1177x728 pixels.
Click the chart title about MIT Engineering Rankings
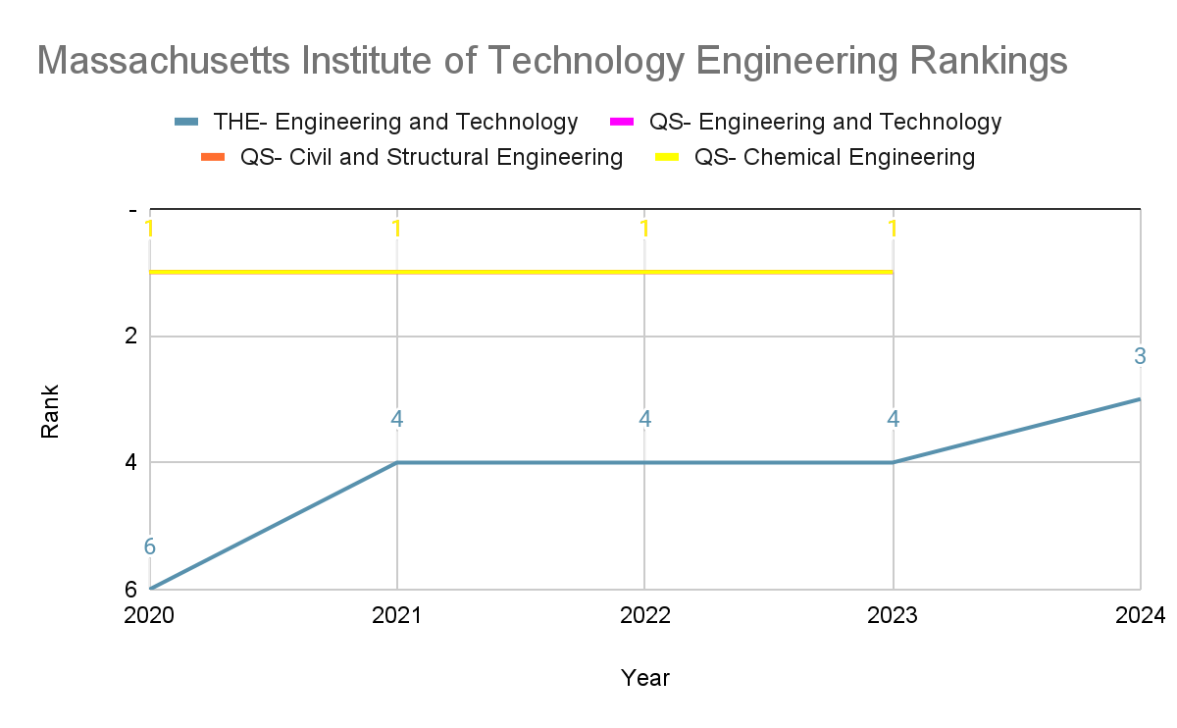tap(551, 61)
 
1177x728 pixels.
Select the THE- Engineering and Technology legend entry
tap(395, 122)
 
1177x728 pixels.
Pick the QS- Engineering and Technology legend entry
tap(825, 122)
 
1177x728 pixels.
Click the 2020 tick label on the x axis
tap(149, 615)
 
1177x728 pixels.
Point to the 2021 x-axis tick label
tap(397, 615)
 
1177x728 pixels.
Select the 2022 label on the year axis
tap(644, 615)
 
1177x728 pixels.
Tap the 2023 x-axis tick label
tap(893, 615)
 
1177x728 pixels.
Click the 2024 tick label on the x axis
tap(1141, 615)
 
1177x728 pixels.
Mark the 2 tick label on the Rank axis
tap(129, 337)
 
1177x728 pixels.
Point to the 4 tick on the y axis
tap(129, 462)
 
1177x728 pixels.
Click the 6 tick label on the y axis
tap(129, 589)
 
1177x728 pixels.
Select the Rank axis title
tap(50, 410)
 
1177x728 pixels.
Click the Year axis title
tap(644, 678)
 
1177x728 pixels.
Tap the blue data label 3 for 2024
tap(1140, 357)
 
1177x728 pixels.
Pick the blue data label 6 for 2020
tap(150, 547)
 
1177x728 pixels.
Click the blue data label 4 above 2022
tap(644, 419)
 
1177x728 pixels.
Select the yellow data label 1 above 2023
tap(893, 229)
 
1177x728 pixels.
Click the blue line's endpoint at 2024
tap(1140, 399)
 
